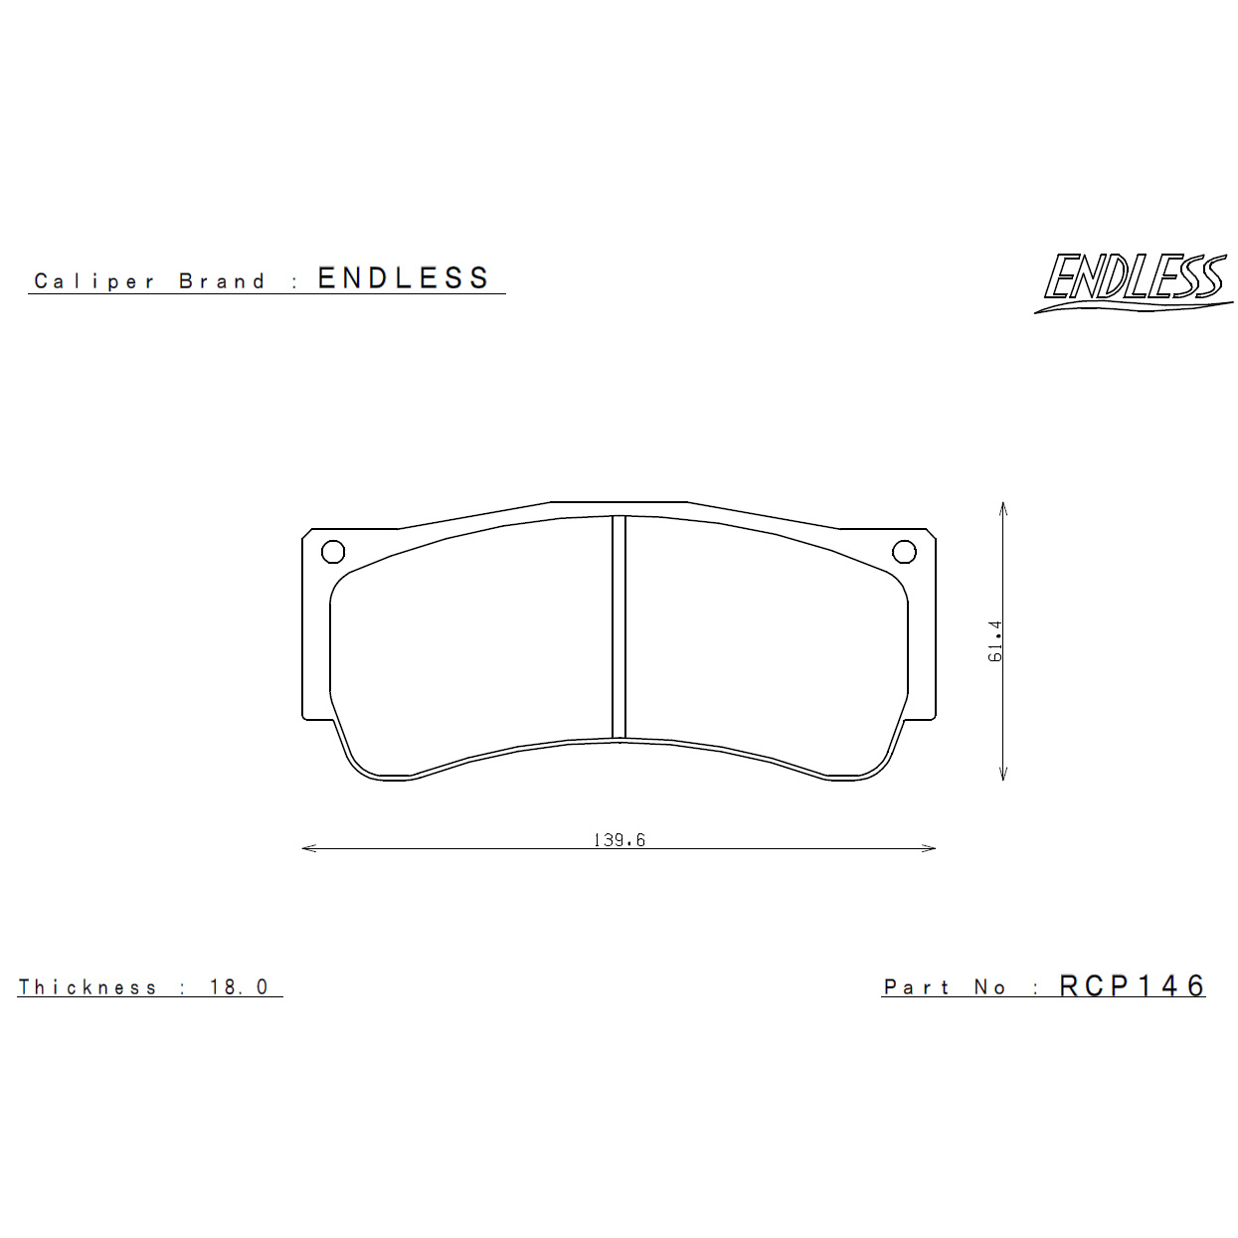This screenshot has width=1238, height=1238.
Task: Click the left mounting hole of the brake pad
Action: coord(333,551)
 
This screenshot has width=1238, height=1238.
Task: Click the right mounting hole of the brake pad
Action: coord(904,551)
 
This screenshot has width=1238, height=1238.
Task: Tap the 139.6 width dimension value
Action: coord(619,839)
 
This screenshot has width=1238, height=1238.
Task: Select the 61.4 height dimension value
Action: coord(995,640)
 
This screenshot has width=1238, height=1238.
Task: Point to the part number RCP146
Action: coord(1132,985)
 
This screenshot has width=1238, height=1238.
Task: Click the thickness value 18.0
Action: coord(239,986)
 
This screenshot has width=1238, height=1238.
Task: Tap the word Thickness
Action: coord(88,986)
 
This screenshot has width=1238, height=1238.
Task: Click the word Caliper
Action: coord(94,281)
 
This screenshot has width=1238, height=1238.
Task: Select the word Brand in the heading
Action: coord(222,280)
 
